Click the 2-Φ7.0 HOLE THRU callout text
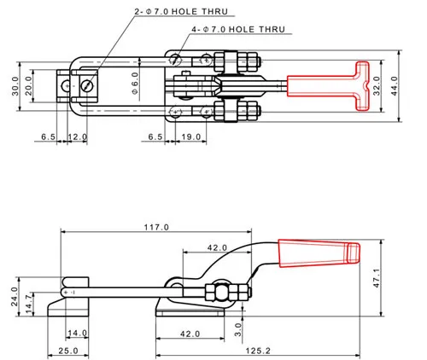tap(181, 12)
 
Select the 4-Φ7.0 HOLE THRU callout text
tap(238, 29)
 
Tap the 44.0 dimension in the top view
tap(394, 86)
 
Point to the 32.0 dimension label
tap(377, 86)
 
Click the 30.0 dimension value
tap(15, 86)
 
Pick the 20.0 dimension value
tap(29, 86)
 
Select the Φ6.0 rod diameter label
tap(135, 83)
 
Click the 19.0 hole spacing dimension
tap(191, 136)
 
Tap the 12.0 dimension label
tap(78, 136)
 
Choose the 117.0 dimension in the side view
tap(156, 227)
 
